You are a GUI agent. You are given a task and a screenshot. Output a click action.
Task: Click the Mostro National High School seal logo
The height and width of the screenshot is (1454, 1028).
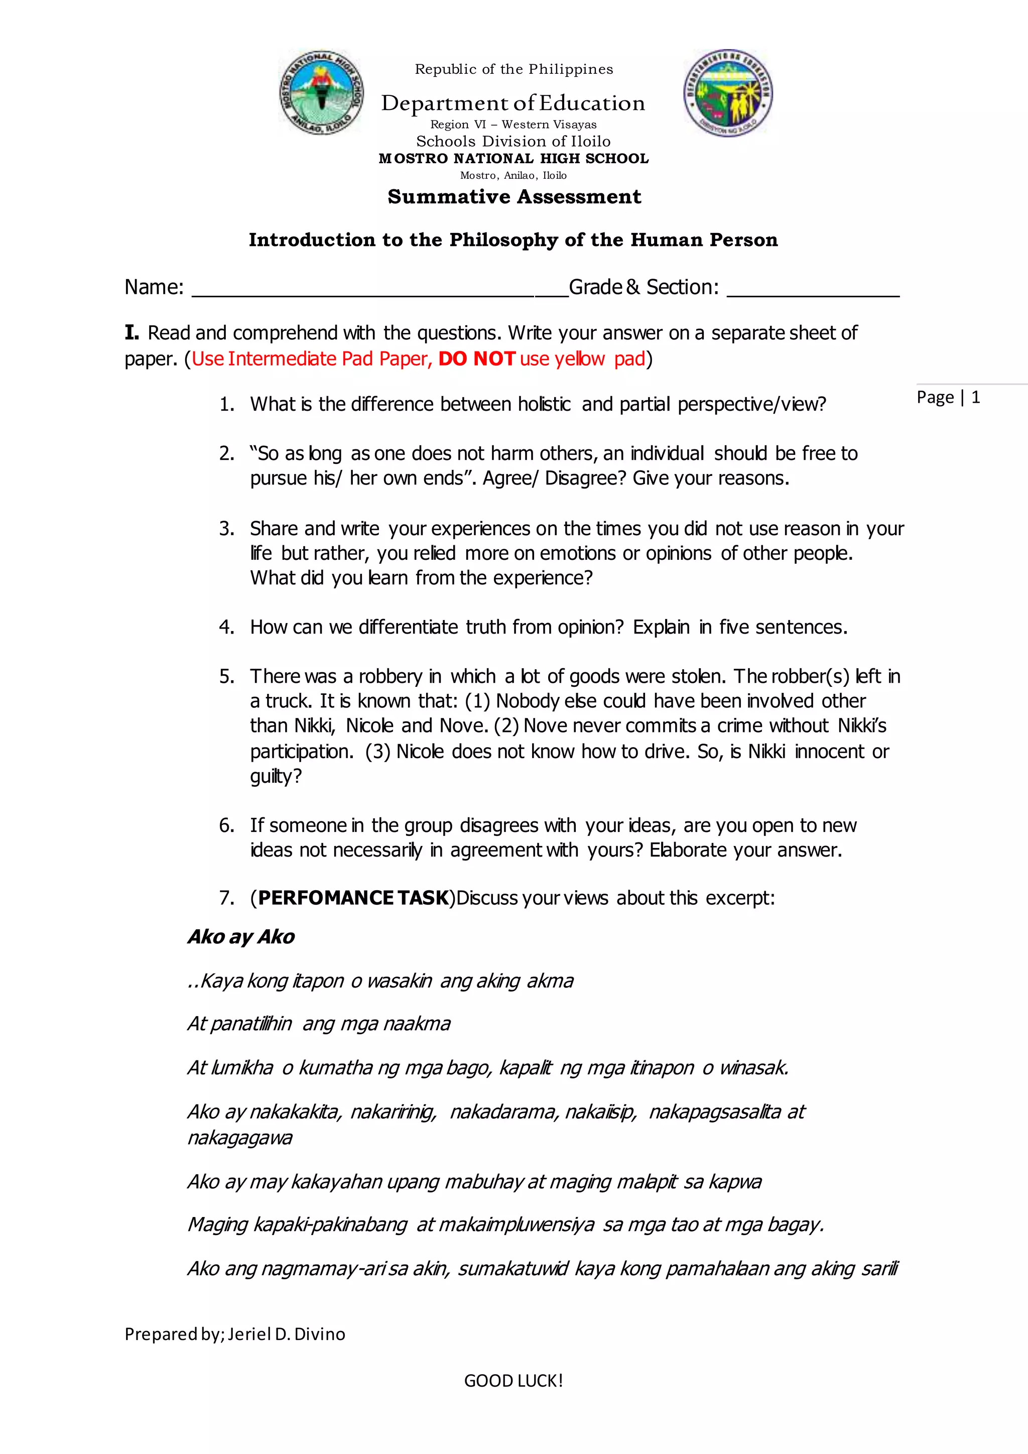coord(322,92)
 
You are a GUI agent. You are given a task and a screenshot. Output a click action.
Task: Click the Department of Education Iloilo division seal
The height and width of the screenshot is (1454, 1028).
coord(728,92)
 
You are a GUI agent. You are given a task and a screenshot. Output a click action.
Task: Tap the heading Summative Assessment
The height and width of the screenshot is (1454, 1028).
coord(514,197)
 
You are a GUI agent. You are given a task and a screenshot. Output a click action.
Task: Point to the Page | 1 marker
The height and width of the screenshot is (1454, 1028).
coord(948,398)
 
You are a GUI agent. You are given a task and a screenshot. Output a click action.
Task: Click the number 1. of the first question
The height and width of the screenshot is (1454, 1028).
coord(226,404)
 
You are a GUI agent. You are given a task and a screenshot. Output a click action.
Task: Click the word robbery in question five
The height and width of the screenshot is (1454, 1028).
coord(390,676)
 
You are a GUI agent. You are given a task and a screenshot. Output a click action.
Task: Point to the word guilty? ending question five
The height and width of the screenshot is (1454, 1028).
coord(276,776)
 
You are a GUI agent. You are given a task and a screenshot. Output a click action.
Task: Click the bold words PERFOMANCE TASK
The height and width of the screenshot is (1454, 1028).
coord(353,898)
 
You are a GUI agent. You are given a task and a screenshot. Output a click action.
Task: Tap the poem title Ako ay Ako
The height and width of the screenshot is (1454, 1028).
coord(241,936)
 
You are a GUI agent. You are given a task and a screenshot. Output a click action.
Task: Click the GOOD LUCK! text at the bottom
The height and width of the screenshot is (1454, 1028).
coord(513,1381)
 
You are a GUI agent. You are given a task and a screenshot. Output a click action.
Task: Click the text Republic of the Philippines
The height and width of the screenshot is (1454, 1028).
coord(513,69)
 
